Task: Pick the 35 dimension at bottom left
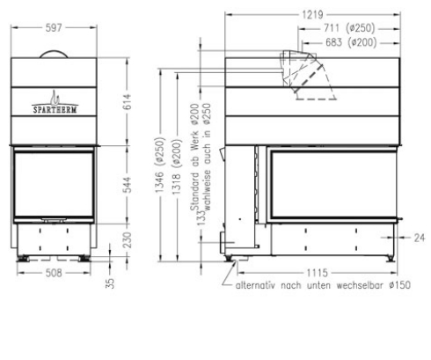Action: click(x=110, y=283)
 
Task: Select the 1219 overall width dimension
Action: click(x=310, y=14)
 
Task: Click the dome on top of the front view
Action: click(x=55, y=55)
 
